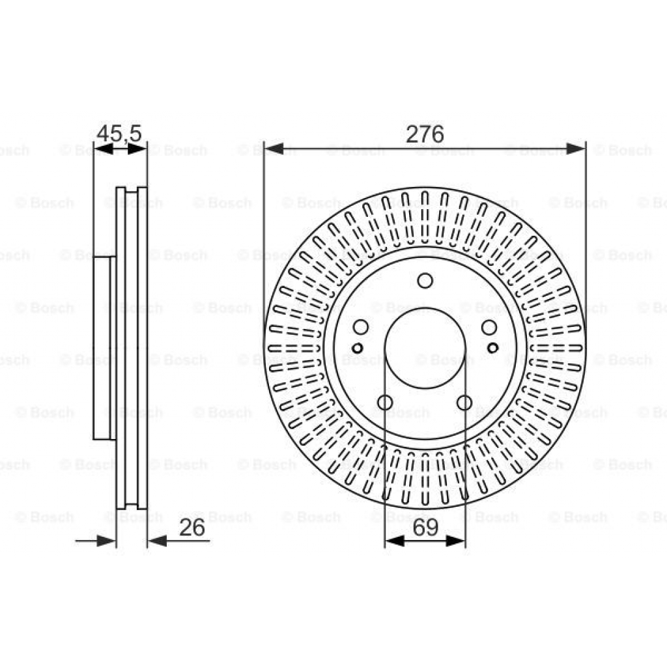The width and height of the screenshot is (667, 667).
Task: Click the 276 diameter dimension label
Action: (x=425, y=134)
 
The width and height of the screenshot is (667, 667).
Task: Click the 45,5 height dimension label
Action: (x=119, y=134)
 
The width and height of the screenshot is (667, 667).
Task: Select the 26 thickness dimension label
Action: (x=192, y=528)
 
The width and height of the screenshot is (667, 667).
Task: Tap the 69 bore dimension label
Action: (x=425, y=528)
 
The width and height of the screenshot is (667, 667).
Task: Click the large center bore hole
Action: (x=425, y=348)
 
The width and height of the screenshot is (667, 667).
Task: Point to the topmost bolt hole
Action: (x=425, y=281)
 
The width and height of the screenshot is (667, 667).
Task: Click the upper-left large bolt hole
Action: (x=361, y=327)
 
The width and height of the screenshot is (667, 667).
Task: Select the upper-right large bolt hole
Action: (x=489, y=327)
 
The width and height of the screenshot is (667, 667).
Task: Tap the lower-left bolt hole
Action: (x=386, y=403)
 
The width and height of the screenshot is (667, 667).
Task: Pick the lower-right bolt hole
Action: (x=464, y=403)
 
